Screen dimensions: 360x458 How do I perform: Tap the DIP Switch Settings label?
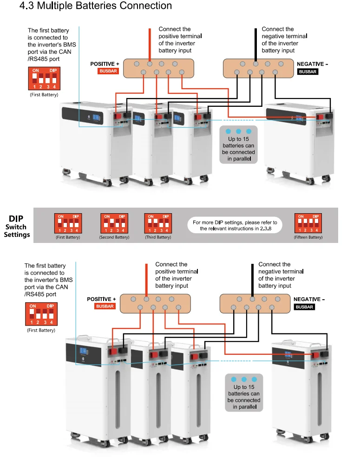(17, 227)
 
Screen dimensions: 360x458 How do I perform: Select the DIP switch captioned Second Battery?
(114, 223)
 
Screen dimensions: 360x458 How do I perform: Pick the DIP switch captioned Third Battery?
(158, 223)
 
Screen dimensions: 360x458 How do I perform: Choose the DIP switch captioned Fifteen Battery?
(308, 223)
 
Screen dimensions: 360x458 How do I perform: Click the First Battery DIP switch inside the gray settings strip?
(68, 223)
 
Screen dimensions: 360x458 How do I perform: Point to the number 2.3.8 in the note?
(266, 229)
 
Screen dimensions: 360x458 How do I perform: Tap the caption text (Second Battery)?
(114, 237)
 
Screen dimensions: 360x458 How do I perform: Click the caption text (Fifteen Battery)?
(308, 237)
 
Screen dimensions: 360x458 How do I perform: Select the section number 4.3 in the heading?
(26, 6)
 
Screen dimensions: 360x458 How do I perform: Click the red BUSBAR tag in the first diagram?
(108, 71)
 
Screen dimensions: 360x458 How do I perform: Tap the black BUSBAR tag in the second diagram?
(304, 307)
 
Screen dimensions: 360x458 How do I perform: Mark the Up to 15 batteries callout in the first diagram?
(238, 144)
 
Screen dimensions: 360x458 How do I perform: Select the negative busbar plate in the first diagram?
(258, 68)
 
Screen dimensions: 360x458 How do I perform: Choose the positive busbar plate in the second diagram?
(155, 304)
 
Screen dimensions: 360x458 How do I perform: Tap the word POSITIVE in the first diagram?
(103, 64)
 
